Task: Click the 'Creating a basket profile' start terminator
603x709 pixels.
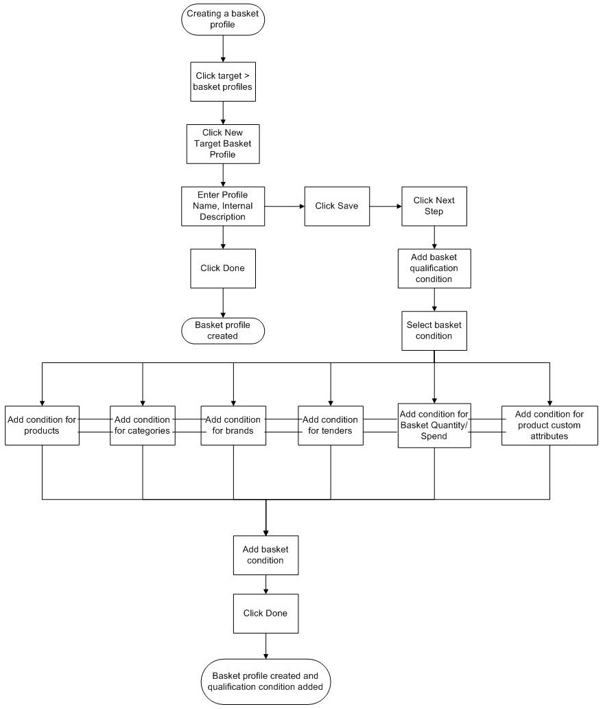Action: pyautogui.click(x=223, y=19)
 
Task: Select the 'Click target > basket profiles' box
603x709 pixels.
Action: pyautogui.click(x=223, y=81)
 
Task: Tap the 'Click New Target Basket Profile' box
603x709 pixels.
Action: pyautogui.click(x=223, y=143)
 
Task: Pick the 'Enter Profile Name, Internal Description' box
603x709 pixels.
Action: pyautogui.click(x=223, y=206)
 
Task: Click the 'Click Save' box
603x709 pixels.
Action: pyautogui.click(x=336, y=206)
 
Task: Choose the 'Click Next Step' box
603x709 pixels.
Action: pyautogui.click(x=434, y=206)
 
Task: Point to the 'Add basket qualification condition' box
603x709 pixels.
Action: pyautogui.click(x=434, y=268)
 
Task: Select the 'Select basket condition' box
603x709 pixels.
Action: pyautogui.click(x=434, y=331)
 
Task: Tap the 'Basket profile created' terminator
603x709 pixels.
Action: pyautogui.click(x=223, y=331)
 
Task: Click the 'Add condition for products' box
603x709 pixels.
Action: pyautogui.click(x=42, y=426)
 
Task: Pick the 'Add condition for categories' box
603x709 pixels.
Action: pyautogui.click(x=142, y=426)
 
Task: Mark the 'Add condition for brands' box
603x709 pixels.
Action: pyautogui.click(x=233, y=426)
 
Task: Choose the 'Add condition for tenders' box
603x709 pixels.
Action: pyautogui.click(x=330, y=426)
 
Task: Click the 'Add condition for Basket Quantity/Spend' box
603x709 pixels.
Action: pyautogui.click(x=434, y=426)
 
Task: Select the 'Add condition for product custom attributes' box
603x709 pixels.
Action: pyautogui.click(x=549, y=426)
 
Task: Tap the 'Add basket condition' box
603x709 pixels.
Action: pyautogui.click(x=265, y=555)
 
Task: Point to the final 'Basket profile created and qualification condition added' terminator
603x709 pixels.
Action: pyautogui.click(x=265, y=681)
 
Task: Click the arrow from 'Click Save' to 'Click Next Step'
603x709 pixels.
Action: pyautogui.click(x=385, y=206)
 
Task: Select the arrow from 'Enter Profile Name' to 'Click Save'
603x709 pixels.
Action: pyautogui.click(x=285, y=206)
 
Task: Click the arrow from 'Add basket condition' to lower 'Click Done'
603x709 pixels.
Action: pyautogui.click(x=265, y=583)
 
